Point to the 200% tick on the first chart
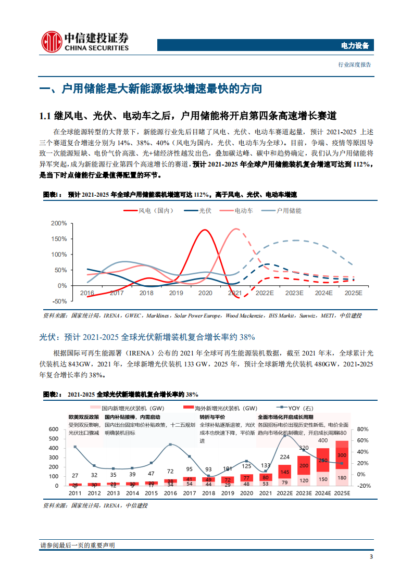[59, 223]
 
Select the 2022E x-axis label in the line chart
[265, 293]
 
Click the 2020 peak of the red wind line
[205, 230]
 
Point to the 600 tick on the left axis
[53, 429]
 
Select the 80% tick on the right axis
[364, 429]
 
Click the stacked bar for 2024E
[323, 467]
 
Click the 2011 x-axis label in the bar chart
[75, 493]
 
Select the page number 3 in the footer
[371, 557]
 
